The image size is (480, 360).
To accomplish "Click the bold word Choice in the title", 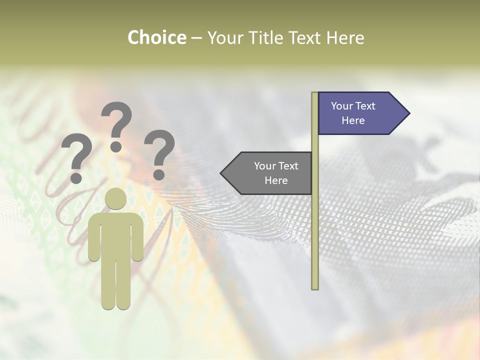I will click(x=156, y=37).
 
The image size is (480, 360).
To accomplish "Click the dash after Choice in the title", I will click(x=196, y=38).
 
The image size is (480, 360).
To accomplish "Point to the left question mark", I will click(x=76, y=157).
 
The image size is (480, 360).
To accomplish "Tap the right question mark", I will click(x=159, y=153).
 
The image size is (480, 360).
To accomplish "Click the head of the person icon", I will click(x=115, y=199).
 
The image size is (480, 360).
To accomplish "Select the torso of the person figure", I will click(x=115, y=235).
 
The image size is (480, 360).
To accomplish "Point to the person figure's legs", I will click(x=115, y=285).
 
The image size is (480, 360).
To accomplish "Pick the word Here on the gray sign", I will click(x=276, y=180).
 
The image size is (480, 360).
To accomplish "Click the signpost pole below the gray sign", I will click(x=314, y=240).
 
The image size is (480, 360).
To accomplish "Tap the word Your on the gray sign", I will click(x=264, y=166).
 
